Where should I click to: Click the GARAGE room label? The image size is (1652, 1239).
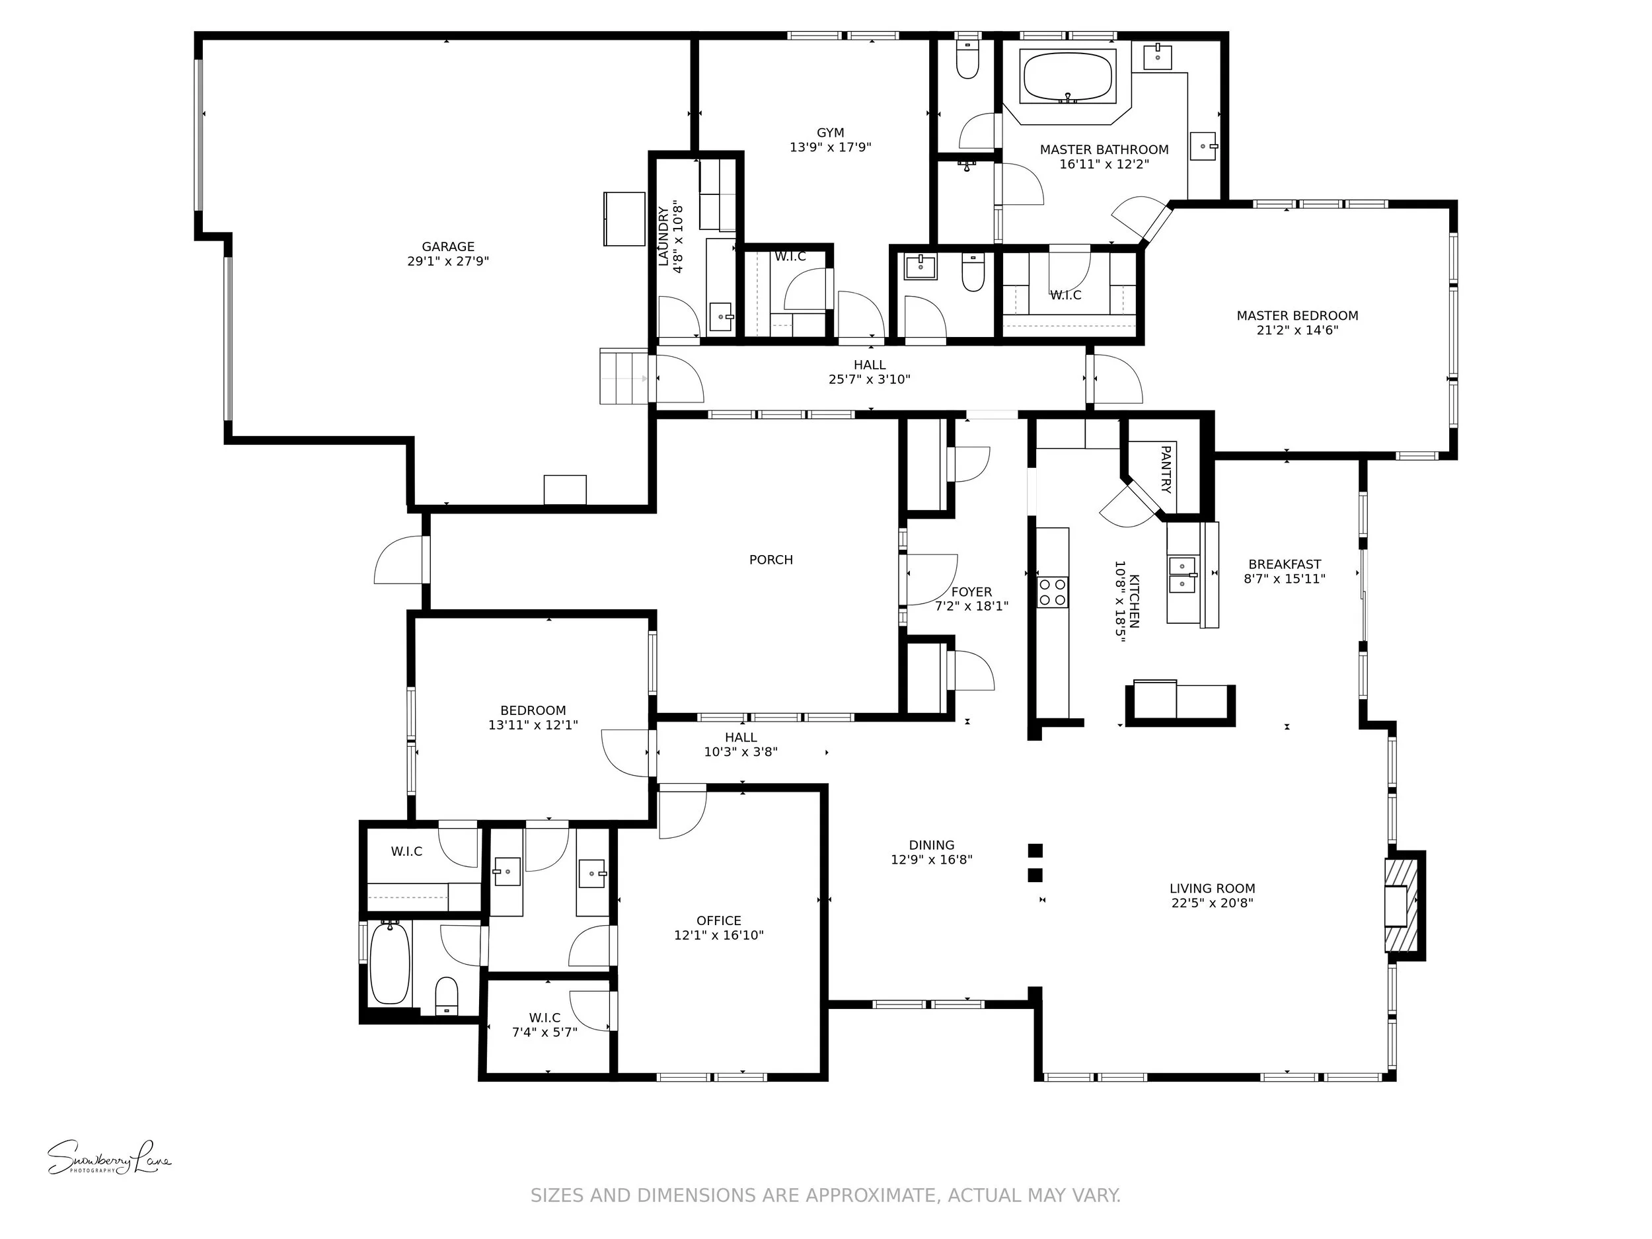(447, 246)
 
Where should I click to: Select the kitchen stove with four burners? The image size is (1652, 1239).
(1051, 591)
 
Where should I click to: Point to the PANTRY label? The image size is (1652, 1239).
(1165, 469)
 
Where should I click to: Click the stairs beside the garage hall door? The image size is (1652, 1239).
(624, 377)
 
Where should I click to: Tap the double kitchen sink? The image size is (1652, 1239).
(1182, 574)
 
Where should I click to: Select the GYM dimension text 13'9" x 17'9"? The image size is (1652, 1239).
(830, 147)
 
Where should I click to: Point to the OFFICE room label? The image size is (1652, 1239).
(718, 920)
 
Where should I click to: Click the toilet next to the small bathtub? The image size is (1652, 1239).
(446, 996)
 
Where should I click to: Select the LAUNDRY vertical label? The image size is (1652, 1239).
(664, 236)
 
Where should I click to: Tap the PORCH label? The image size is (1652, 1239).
(770, 560)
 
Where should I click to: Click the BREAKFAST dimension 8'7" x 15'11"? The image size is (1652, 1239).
(1284, 578)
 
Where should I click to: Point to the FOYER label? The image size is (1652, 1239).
(971, 591)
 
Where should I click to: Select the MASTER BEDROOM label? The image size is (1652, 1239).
(1296, 315)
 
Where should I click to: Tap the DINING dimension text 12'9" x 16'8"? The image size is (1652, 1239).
(930, 860)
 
